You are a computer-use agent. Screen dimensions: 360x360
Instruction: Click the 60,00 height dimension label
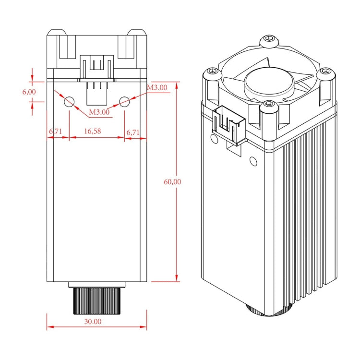tap(172, 182)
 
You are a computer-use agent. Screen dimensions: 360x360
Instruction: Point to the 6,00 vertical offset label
tap(29, 91)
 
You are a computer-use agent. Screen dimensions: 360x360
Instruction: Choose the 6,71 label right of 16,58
tap(132, 132)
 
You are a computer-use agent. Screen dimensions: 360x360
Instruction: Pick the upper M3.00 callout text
tap(156, 88)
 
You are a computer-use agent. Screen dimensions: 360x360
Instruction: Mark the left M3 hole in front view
tap(69, 101)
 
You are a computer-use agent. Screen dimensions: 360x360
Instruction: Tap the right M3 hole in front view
tap(125, 101)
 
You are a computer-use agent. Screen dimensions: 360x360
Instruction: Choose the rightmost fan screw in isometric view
tap(326, 72)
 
